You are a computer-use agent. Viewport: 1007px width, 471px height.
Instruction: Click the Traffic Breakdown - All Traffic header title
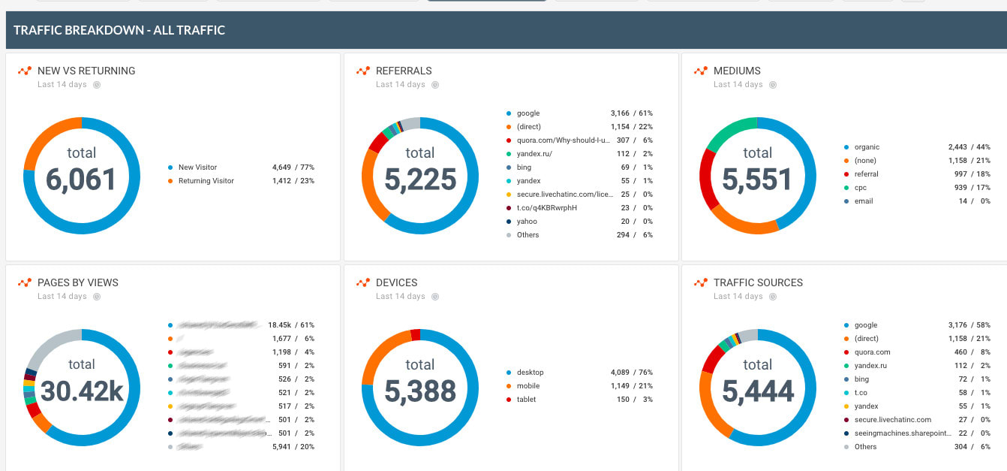(119, 31)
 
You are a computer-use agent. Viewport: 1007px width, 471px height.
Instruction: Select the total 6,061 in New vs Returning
(81, 180)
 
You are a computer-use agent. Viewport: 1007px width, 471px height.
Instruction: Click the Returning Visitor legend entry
(206, 181)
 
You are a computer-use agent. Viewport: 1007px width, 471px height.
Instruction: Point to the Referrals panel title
(404, 71)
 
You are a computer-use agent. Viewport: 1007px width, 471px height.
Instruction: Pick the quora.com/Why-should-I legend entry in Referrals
(560, 140)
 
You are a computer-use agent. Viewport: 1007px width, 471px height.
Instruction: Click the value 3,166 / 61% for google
(631, 113)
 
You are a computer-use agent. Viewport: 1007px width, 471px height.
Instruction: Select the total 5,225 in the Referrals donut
(419, 180)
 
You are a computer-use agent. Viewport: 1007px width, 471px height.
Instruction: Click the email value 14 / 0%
(974, 201)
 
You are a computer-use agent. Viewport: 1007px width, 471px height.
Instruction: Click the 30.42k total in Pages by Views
(81, 391)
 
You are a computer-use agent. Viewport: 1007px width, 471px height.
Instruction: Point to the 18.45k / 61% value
(290, 325)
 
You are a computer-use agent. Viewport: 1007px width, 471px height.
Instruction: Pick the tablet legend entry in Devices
(526, 400)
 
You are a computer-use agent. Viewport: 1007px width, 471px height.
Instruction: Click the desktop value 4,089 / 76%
(631, 373)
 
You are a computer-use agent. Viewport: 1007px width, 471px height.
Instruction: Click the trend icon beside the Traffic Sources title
(700, 282)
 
